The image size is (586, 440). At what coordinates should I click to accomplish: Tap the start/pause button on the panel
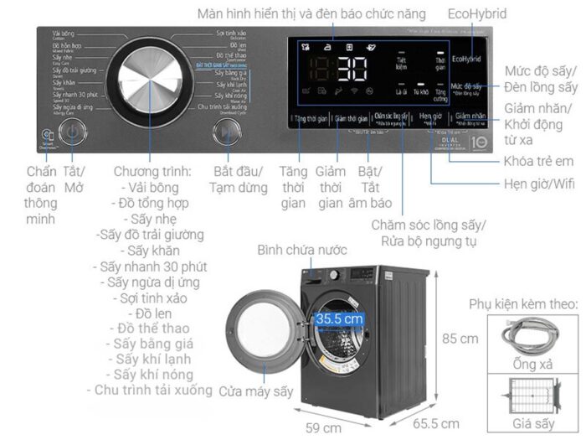coord(224,132)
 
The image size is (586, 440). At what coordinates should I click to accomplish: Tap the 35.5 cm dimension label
coord(339,319)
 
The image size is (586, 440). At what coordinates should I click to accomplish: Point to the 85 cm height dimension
coord(461,339)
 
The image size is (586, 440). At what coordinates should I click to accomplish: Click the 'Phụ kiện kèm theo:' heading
coord(522,303)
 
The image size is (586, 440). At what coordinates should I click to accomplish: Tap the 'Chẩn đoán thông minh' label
coord(40,194)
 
